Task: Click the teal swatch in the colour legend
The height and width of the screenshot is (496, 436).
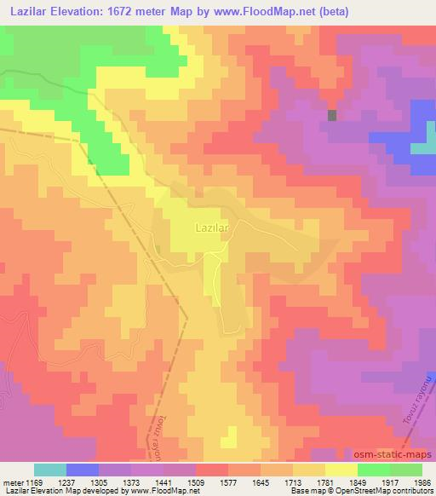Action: point(49,470)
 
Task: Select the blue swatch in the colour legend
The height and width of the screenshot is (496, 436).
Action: point(82,470)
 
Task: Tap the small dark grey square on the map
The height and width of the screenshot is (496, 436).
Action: point(332,115)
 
